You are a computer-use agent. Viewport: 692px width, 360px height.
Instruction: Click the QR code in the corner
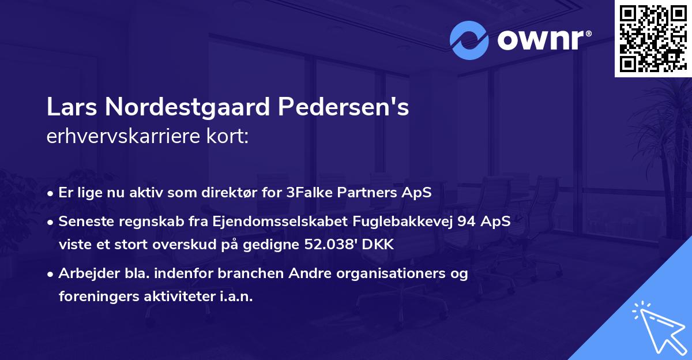(653, 38)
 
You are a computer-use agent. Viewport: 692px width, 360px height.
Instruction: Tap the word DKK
(379, 245)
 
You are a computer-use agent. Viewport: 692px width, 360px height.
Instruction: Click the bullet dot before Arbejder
(51, 275)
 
